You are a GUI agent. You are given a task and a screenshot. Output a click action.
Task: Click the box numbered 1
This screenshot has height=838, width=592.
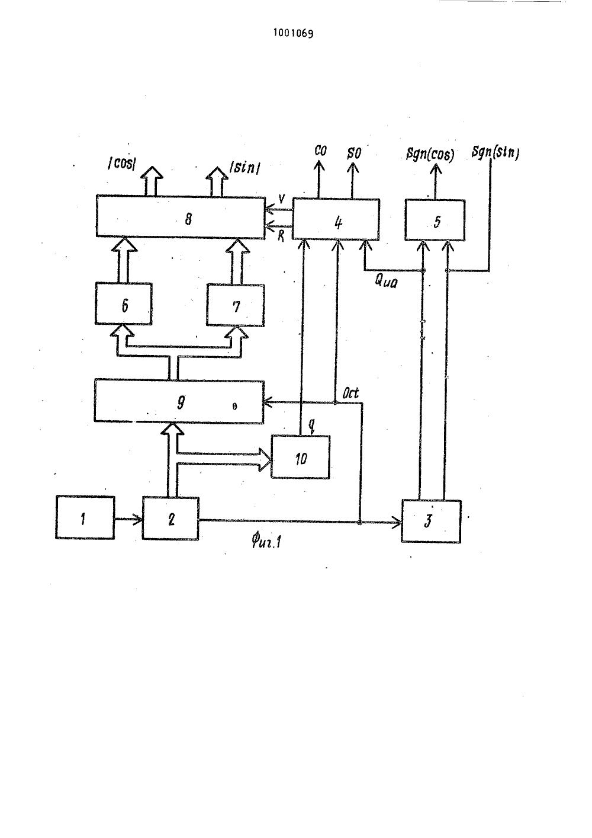85,517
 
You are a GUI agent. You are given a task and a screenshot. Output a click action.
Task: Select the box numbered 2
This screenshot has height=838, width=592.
170,518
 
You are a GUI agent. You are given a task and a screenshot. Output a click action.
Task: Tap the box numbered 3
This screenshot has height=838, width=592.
432,521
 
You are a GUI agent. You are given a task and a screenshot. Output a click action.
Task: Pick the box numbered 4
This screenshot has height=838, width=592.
336,219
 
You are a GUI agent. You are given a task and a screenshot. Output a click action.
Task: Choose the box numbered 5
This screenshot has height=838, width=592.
435,220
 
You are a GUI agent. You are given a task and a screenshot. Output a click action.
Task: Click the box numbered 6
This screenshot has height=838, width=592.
124,303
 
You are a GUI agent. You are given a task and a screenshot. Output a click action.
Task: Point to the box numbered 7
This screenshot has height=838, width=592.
236,305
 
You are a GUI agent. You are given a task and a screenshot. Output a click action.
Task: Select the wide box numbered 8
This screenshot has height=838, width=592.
181,216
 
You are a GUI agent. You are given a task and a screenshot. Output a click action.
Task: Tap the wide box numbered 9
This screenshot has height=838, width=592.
179,401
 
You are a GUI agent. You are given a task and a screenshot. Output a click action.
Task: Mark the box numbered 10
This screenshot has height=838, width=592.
301,457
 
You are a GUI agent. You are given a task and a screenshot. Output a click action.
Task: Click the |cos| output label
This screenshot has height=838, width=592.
122,164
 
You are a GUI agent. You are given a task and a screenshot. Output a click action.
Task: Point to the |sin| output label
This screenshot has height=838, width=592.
245,168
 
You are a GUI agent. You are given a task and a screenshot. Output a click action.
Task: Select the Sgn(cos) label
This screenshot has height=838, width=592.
430,154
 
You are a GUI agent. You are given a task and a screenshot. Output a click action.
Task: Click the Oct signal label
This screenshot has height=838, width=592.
350,393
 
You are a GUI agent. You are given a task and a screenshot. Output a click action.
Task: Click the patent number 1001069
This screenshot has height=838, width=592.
293,33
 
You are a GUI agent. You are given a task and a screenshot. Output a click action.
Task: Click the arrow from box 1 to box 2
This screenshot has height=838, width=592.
128,519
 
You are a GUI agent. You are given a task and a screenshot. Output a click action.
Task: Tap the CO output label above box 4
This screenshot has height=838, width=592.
320,151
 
